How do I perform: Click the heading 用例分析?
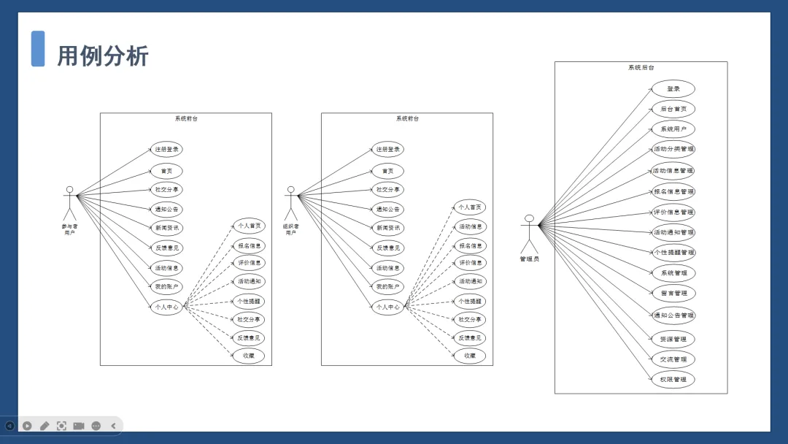(103, 55)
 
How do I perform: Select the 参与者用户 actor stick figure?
(69, 204)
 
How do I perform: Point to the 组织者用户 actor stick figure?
(290, 204)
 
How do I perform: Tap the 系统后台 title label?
(641, 68)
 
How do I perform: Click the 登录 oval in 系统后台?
(673, 89)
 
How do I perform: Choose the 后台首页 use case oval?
(673, 110)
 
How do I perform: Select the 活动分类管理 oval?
(673, 149)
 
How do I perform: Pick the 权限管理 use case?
(673, 380)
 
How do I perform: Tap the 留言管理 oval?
(673, 293)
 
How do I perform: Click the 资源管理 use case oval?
(673, 339)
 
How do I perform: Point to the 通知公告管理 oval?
(673, 315)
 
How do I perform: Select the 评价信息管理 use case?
(673, 212)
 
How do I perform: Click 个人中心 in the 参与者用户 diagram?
(166, 307)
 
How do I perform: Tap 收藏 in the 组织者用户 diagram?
(469, 356)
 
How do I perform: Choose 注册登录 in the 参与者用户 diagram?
(166, 149)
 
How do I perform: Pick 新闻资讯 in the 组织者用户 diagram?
(387, 228)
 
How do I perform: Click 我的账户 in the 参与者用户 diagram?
(166, 287)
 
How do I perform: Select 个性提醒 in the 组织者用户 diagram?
(469, 301)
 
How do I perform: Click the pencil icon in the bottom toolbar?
(45, 426)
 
